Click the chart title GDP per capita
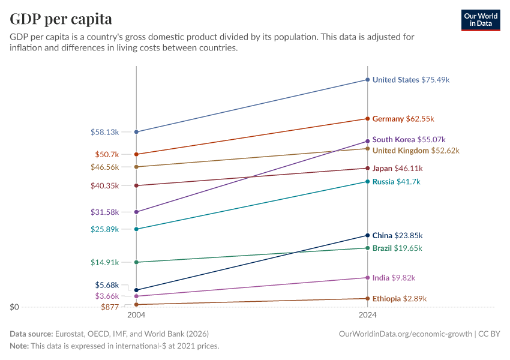pos(61,19)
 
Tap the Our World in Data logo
pos(480,20)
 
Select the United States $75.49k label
pos(411,80)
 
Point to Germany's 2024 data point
pos(368,119)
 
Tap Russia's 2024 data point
pos(368,182)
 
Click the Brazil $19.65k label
pos(397,248)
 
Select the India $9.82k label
pos(394,278)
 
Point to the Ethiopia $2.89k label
pos(400,299)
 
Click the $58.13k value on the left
pos(105,132)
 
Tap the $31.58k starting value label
pos(105,212)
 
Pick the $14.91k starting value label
pos(105,262)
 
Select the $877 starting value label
pos(110,307)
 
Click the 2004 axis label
pos(136,315)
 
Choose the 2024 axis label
pos(368,315)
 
